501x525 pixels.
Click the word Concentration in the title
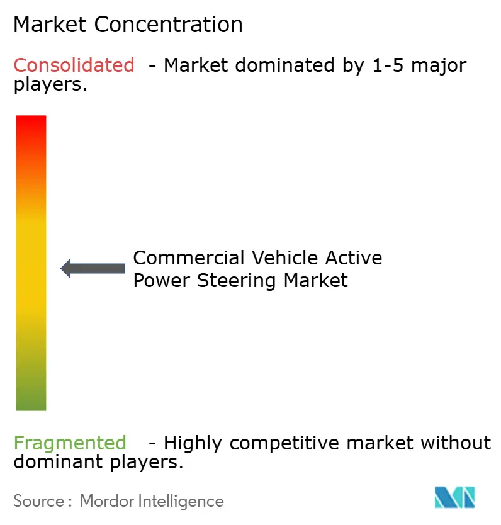[x=169, y=25]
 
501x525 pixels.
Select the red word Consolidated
[x=74, y=65]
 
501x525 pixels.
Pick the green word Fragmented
[x=70, y=443]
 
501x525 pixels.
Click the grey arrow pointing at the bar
[x=93, y=268]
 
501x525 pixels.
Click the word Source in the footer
[x=38, y=501]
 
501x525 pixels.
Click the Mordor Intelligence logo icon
[x=454, y=497]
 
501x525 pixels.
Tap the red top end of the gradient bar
[x=31, y=123]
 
